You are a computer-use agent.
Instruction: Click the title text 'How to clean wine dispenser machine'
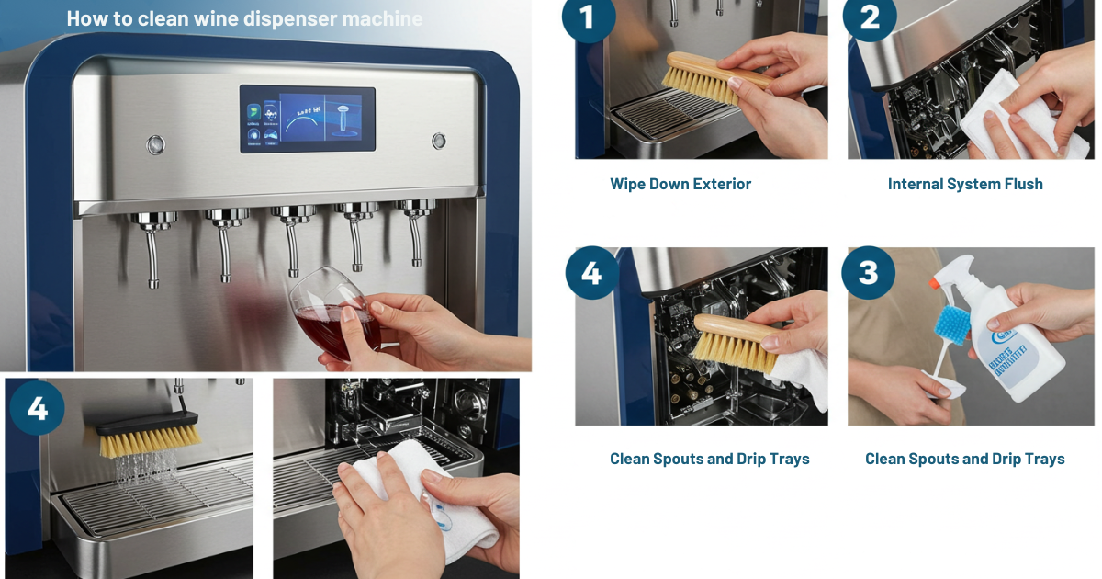coord(244,18)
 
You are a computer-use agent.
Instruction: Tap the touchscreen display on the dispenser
coord(307,119)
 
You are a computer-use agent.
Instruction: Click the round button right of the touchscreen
coord(439,141)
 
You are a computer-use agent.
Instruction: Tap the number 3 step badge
coord(869,272)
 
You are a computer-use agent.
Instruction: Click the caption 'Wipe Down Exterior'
coord(680,184)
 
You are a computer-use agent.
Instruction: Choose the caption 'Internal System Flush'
coord(965,184)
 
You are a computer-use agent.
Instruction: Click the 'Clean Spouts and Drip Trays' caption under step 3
coord(965,459)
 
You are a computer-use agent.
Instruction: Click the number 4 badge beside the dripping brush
coord(37,407)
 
